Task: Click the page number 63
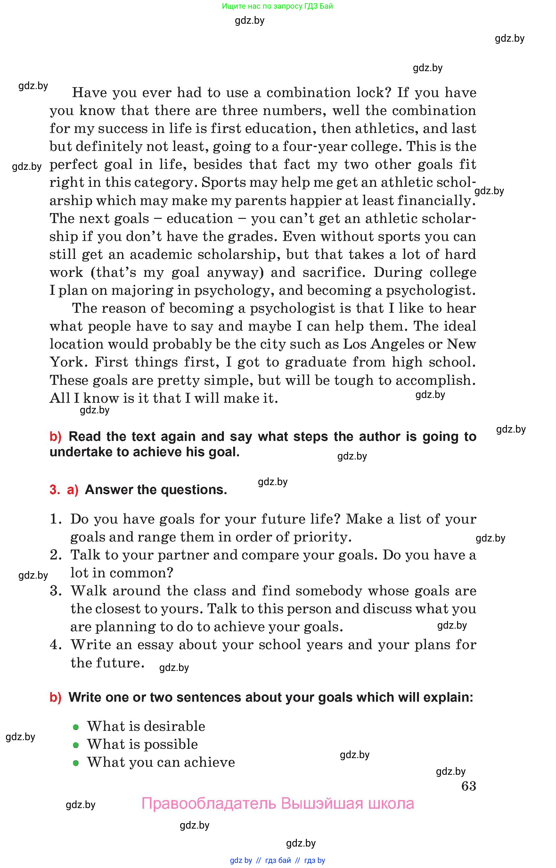[x=468, y=786]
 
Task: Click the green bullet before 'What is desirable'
[x=76, y=727]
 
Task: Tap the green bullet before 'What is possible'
[x=76, y=745]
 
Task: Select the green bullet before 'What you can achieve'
[x=76, y=763]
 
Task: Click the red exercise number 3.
[x=54, y=490]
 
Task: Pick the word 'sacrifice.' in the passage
[x=334, y=272]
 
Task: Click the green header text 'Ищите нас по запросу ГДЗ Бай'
[x=277, y=6]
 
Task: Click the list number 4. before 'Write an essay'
[x=56, y=645]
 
